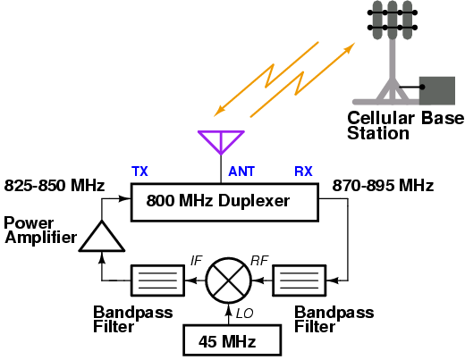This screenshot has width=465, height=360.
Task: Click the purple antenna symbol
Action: [x=221, y=143]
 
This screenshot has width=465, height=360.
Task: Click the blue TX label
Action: [x=139, y=172]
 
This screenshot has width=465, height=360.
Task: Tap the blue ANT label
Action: [x=241, y=172]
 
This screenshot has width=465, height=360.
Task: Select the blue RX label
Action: [x=303, y=172]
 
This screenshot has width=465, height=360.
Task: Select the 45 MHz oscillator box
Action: [x=232, y=340]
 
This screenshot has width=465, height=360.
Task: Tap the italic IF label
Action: [x=197, y=261]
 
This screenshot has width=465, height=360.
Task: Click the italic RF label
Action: [x=259, y=261]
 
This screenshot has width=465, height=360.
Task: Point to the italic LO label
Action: [x=244, y=314]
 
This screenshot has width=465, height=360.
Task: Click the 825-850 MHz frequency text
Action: [x=55, y=185]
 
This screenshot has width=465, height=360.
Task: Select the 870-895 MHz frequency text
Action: [x=383, y=185]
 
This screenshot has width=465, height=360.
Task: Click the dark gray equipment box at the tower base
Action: [x=437, y=90]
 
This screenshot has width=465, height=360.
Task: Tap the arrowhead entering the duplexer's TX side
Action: [x=125, y=198]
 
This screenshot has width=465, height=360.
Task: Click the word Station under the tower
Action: [x=378, y=133]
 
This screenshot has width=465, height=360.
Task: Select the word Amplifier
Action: [x=41, y=238]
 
